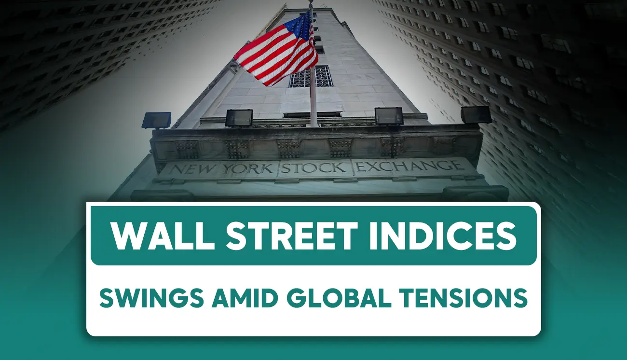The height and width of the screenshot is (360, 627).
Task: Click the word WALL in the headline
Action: pos(163,235)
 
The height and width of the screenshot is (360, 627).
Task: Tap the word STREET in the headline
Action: pos(292,235)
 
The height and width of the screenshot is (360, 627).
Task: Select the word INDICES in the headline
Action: pos(443,235)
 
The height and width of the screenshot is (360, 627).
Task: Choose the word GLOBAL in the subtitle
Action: pos(339,298)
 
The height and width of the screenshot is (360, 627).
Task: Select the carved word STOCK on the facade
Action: pos(313,167)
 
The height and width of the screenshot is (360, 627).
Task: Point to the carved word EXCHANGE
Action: pos(409,166)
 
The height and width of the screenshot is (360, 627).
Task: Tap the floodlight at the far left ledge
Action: pos(156,120)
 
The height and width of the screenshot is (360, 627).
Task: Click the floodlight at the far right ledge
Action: pos(476,115)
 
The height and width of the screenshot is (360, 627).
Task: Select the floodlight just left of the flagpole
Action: pos(239,118)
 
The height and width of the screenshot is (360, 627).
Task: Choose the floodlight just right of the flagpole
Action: pos(389,116)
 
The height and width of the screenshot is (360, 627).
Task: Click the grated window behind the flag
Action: pos(311,76)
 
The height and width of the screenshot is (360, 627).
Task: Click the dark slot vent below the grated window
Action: pos(312,114)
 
